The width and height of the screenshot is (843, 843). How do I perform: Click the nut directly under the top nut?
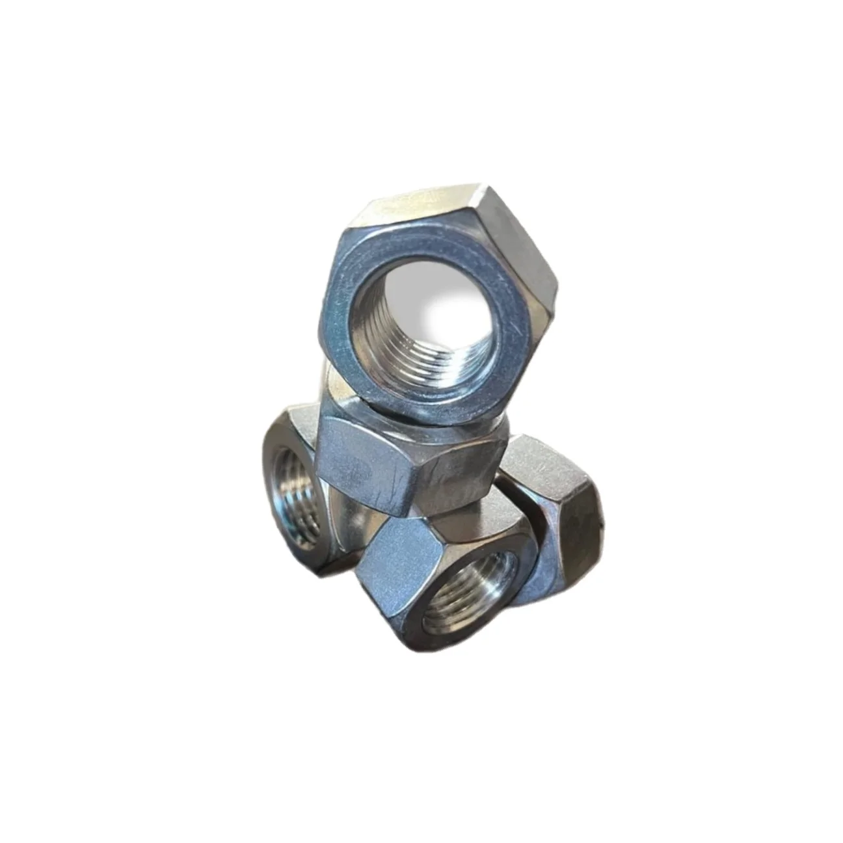(416, 455)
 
